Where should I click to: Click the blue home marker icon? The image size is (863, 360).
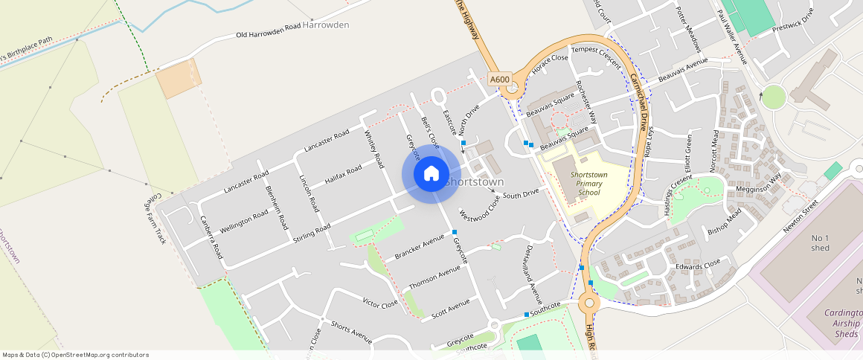click(x=431, y=174)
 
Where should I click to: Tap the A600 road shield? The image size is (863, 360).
click(x=500, y=80)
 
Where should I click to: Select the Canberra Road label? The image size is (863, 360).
click(x=211, y=237)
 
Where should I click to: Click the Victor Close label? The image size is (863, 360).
click(x=379, y=303)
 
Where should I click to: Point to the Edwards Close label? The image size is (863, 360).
click(x=697, y=264)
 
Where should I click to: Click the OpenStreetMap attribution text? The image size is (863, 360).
click(x=76, y=355)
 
